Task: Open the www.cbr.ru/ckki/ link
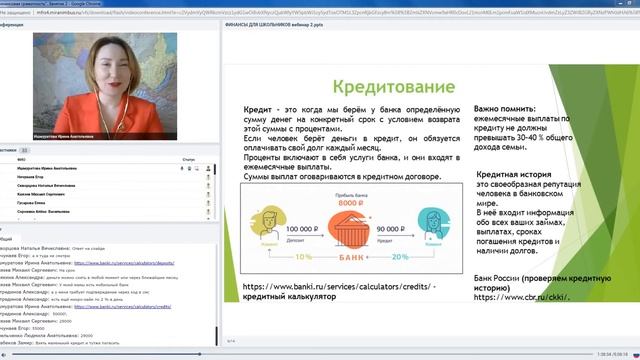tap(515, 296)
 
